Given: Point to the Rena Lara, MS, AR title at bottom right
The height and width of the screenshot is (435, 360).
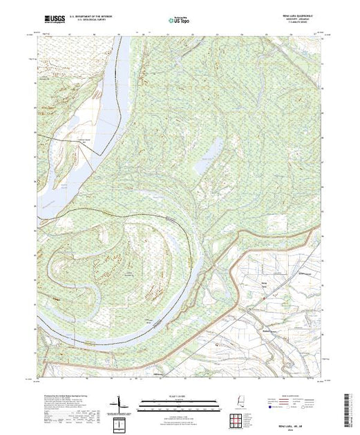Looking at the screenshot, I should [x=296, y=417].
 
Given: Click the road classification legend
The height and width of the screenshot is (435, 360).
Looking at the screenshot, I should [x=297, y=400].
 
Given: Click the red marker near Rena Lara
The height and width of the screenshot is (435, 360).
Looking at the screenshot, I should [x=265, y=298].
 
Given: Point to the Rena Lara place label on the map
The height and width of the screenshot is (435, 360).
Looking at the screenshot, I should [x=263, y=283].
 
